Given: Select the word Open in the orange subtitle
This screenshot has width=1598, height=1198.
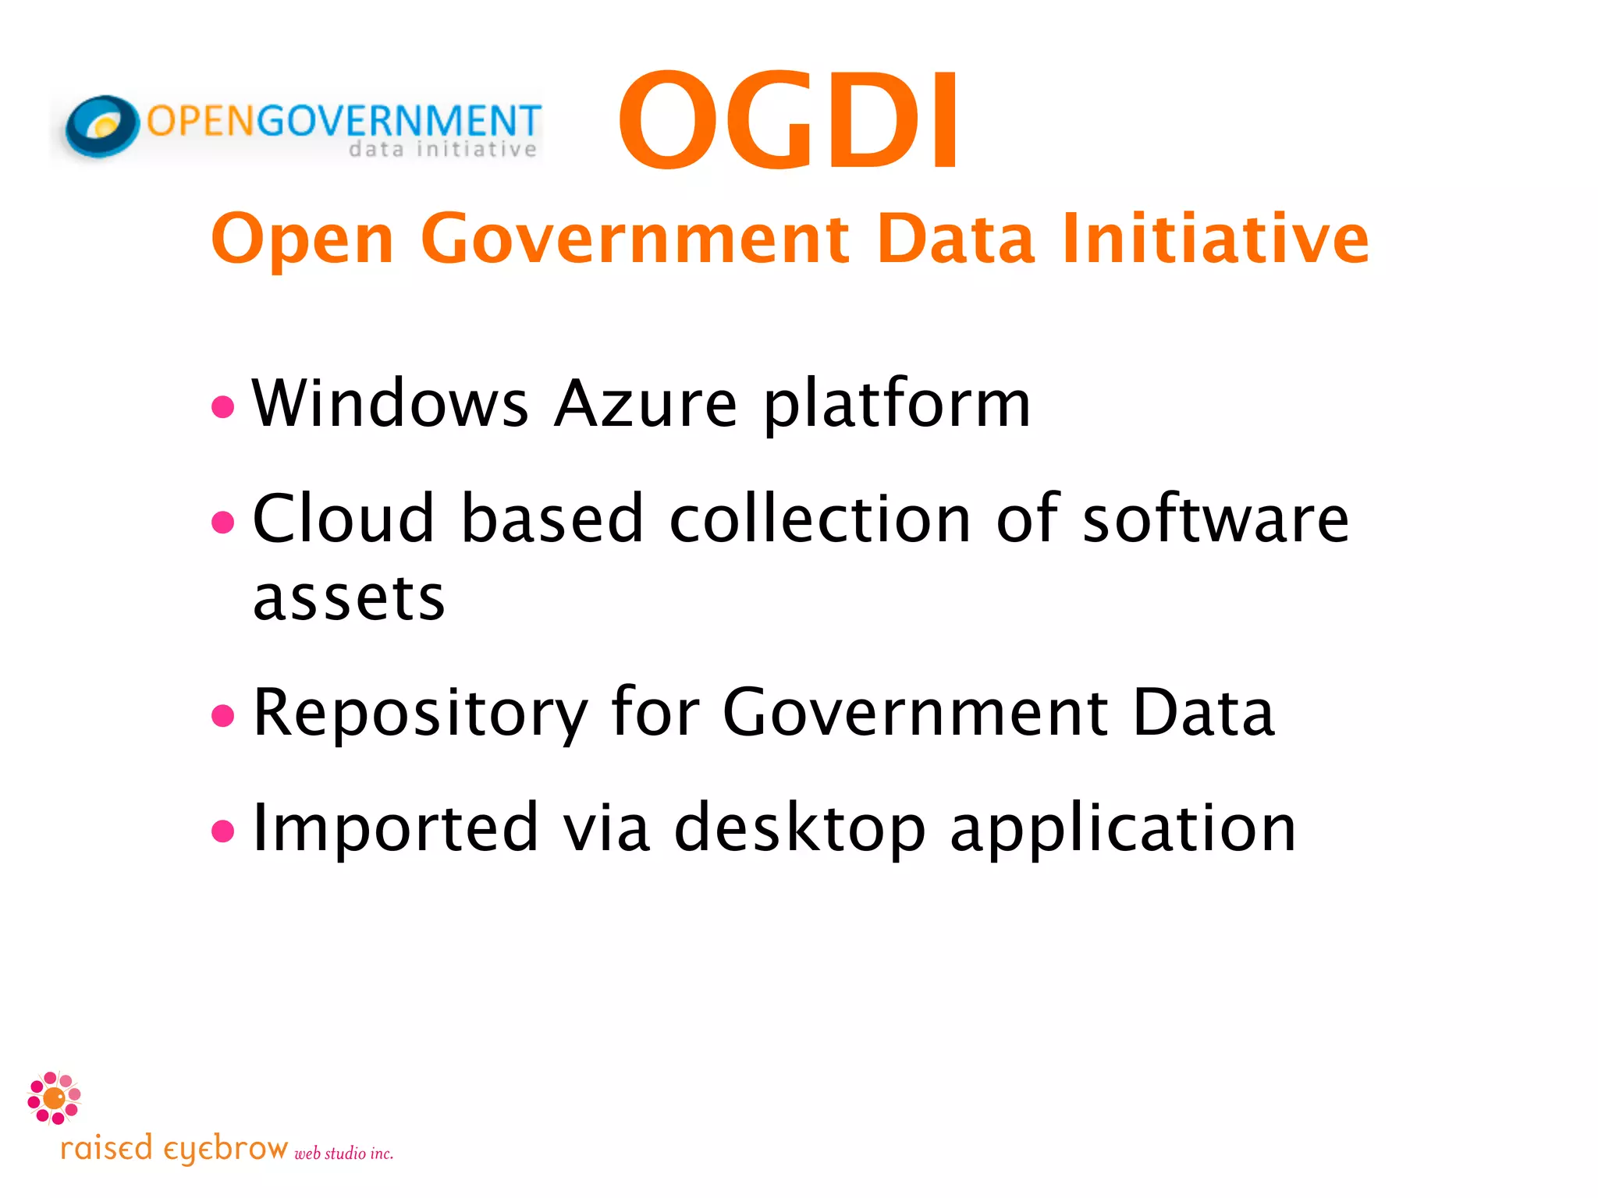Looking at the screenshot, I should pyautogui.click(x=302, y=239).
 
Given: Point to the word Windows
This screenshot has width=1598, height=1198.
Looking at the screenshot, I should pyautogui.click(x=390, y=403).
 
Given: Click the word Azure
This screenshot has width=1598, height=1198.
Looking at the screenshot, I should pyautogui.click(x=645, y=403).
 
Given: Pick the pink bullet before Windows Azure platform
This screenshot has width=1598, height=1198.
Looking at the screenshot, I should pyautogui.click(x=223, y=406).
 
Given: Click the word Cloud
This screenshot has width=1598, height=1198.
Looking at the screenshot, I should pyautogui.click(x=343, y=518).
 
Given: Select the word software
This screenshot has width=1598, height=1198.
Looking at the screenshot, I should pyautogui.click(x=1216, y=518).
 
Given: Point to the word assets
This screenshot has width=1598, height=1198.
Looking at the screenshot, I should pyautogui.click(x=349, y=598).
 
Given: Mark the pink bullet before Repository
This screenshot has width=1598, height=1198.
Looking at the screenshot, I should pyautogui.click(x=223, y=714).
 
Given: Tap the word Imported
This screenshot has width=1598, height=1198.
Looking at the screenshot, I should pyautogui.click(x=396, y=828).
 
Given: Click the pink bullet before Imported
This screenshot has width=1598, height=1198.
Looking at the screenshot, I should pyautogui.click(x=223, y=831).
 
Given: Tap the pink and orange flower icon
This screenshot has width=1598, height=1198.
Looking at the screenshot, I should pyautogui.click(x=54, y=1097).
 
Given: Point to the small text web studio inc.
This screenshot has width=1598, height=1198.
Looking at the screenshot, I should pyautogui.click(x=343, y=1154).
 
